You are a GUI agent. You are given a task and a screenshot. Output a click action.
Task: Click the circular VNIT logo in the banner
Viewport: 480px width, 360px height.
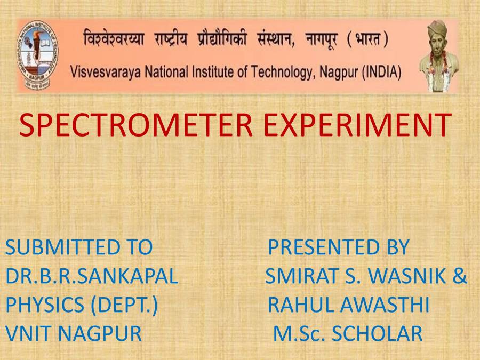tap(38, 55)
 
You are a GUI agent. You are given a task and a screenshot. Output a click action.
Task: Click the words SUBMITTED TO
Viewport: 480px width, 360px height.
tap(79, 247)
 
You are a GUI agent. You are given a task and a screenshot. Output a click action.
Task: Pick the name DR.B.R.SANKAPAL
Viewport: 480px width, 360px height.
tap(92, 276)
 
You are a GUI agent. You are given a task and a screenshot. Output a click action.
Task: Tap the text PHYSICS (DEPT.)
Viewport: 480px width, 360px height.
tap(82, 305)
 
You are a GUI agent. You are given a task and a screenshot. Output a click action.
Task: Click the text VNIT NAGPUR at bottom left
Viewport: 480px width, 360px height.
tap(74, 334)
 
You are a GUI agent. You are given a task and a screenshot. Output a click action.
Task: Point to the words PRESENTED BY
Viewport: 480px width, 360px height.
tap(338, 247)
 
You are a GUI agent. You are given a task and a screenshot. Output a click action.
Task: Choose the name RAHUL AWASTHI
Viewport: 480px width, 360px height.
tap(348, 305)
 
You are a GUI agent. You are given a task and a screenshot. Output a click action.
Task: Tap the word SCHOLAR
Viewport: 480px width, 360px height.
tap(377, 334)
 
